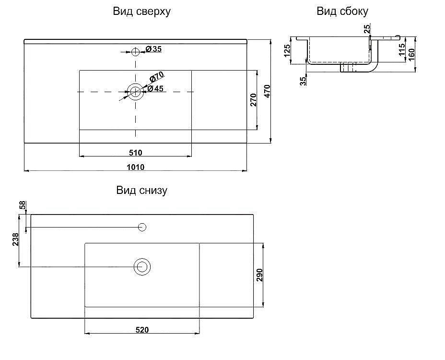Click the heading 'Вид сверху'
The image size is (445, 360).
[x=141, y=12]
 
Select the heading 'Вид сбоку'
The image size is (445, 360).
[x=342, y=12]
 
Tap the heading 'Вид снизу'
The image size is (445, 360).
[x=141, y=191]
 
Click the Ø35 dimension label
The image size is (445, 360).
[x=153, y=49]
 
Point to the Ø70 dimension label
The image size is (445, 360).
[x=157, y=77]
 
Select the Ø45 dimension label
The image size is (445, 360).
[x=156, y=89]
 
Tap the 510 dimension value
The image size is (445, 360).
[x=135, y=153]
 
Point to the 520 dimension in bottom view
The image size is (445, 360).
[x=142, y=330]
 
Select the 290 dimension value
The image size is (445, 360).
[x=259, y=275]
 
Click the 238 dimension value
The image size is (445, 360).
[x=16, y=240]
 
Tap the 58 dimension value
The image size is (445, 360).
[x=22, y=205]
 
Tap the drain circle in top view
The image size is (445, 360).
[x=136, y=91]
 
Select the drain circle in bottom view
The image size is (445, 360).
[x=142, y=266]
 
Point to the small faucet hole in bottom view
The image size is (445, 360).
[x=142, y=227]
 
